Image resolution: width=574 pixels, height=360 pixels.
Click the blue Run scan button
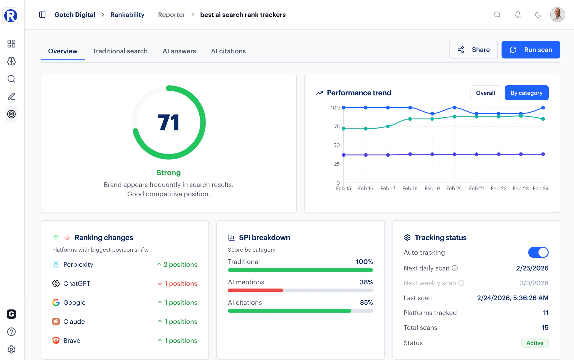531,50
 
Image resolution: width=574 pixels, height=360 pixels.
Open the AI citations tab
228,51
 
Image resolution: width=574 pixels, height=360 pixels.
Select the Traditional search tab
120,51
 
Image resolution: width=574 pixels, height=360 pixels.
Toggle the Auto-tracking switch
538,252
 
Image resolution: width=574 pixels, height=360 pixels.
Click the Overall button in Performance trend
485,93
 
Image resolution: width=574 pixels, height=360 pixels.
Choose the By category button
526,93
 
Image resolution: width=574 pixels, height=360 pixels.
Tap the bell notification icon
518,15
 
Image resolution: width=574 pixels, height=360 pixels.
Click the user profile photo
557,15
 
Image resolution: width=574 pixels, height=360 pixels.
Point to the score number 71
169,123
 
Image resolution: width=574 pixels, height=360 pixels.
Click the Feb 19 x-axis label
432,188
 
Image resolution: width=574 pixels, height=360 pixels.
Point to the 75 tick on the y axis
337,127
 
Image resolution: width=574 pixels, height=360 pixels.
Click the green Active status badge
535,343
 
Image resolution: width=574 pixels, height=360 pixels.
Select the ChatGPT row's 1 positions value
178,284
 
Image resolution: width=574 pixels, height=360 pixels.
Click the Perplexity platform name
78,265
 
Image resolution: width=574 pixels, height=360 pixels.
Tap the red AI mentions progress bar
255,291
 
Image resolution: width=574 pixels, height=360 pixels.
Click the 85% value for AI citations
366,303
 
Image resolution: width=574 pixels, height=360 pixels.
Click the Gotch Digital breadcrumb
75,15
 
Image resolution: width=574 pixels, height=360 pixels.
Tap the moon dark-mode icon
538,15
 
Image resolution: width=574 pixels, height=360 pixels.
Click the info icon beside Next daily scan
455,268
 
